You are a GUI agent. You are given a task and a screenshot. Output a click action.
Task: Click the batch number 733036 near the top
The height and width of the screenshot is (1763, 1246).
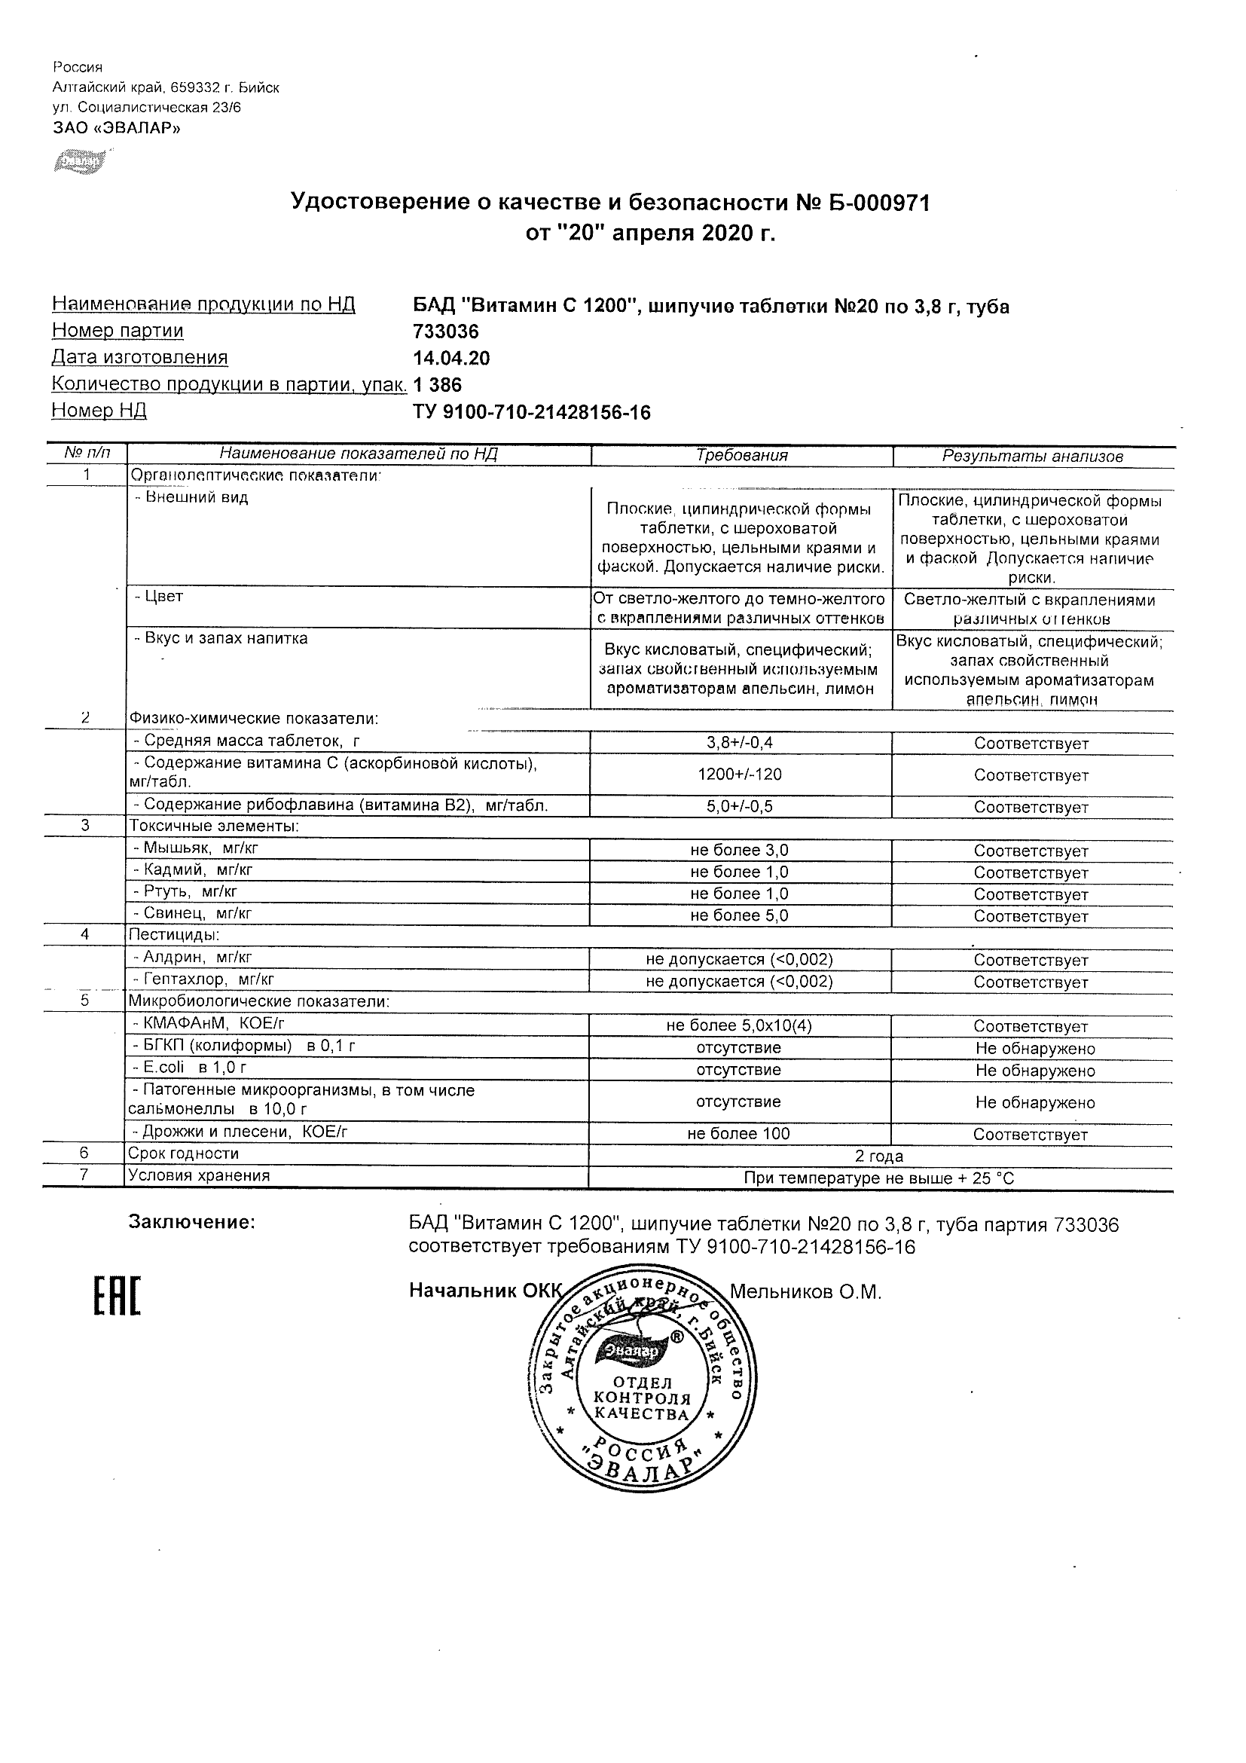pyautogui.click(x=445, y=332)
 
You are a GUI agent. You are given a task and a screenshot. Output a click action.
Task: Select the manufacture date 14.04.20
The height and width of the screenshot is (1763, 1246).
pyautogui.click(x=450, y=359)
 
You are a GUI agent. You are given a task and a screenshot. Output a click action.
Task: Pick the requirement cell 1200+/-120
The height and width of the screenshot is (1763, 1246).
pyautogui.click(x=739, y=775)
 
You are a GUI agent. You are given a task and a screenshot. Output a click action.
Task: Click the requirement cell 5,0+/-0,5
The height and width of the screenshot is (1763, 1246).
pyautogui.click(x=739, y=806)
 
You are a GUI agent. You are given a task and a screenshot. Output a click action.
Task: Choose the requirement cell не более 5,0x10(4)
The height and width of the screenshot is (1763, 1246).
pyautogui.click(x=739, y=1026)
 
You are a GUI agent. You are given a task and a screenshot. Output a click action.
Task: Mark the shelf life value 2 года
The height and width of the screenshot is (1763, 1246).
pyautogui.click(x=879, y=1156)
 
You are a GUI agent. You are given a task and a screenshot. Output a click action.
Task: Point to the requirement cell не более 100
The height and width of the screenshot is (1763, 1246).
pyautogui.click(x=739, y=1134)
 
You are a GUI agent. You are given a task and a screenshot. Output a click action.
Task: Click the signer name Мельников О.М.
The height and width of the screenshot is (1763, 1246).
pyautogui.click(x=805, y=1292)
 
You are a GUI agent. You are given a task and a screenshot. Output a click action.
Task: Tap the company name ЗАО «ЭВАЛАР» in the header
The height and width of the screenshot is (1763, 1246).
pyautogui.click(x=117, y=128)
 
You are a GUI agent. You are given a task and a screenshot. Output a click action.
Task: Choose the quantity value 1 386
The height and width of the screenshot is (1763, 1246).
pyautogui.click(x=438, y=385)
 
